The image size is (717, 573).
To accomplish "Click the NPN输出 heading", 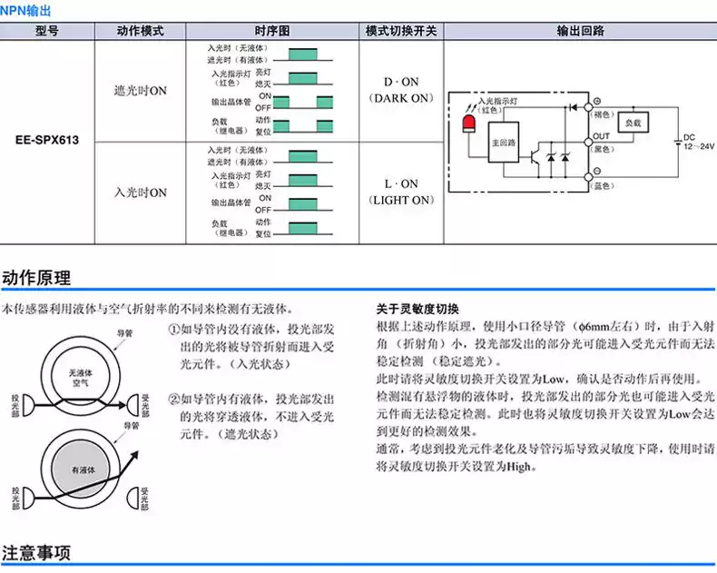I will (26, 10).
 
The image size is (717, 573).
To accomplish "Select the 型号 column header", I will (46, 31).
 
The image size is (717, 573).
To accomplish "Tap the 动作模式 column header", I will (141, 31).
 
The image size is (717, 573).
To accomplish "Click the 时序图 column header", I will (271, 31).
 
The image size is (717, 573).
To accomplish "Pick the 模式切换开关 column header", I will (401, 31).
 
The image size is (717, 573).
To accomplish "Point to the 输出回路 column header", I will (581, 31).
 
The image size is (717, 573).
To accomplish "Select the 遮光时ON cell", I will (141, 91).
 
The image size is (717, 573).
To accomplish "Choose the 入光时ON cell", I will (141, 193).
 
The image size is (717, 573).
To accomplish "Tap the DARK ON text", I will (401, 97).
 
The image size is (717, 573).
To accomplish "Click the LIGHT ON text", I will (401, 199).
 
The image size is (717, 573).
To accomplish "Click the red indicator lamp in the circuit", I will (469, 123).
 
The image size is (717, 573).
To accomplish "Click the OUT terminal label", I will (602, 135).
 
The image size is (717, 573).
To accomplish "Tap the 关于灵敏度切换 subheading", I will (417, 308).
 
